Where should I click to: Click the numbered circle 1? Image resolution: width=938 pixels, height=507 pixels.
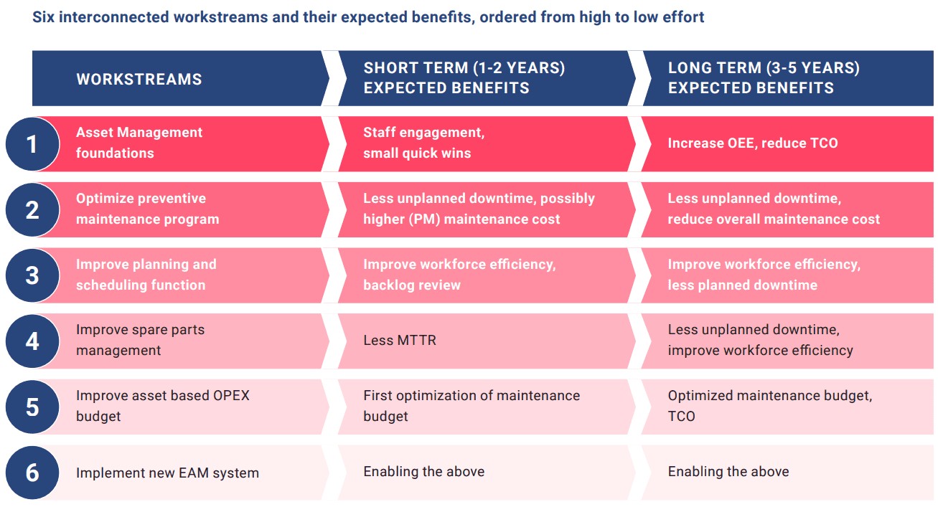point(32,144)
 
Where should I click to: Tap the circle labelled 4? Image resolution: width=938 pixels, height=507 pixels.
point(32,341)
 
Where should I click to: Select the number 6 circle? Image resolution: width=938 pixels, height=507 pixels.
point(32,473)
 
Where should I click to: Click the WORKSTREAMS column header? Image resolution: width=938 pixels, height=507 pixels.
point(139,79)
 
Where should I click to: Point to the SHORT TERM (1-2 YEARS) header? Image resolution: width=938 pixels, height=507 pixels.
point(464,77)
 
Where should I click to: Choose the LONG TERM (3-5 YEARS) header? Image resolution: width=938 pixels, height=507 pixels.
point(764,77)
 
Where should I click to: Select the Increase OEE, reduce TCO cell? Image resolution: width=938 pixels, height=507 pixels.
point(753,143)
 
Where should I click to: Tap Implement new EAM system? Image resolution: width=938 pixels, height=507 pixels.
point(167,473)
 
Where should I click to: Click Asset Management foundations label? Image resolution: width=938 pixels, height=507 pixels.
point(139,143)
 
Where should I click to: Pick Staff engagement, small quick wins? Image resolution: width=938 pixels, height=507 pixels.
point(423,143)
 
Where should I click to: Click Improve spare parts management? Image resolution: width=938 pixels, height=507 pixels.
point(140,340)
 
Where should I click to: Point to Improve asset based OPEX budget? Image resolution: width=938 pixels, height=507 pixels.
point(162,406)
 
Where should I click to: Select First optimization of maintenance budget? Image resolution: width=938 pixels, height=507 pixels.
point(471,406)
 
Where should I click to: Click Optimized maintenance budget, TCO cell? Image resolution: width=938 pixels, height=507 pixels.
point(769,406)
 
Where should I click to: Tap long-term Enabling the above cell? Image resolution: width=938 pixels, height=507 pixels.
point(728,471)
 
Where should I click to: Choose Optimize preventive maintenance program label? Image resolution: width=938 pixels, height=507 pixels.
point(147,209)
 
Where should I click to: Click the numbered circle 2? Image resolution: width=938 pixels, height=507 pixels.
point(32,210)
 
